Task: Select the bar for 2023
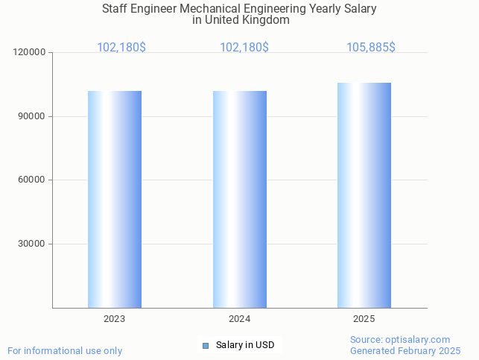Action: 115,199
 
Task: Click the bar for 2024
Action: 240,199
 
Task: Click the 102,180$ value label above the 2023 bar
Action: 121,48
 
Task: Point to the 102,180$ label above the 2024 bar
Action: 244,48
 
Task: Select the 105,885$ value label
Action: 371,48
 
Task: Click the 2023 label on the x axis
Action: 115,319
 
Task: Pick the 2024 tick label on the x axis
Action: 240,319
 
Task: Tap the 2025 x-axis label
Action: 364,319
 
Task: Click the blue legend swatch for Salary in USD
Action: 206,345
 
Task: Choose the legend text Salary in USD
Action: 245,345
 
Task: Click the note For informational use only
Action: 65,351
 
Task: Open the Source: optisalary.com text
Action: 400,340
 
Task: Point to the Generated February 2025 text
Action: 405,351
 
